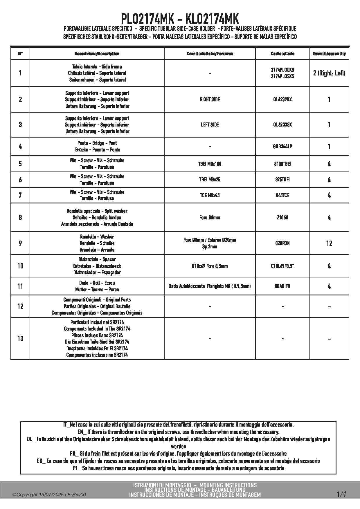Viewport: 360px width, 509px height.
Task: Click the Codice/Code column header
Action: (x=282, y=54)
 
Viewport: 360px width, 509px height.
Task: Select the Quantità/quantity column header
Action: (x=329, y=54)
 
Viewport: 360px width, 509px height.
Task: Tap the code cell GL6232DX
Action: (x=282, y=100)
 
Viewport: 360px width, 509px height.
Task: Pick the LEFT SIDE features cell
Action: (x=210, y=125)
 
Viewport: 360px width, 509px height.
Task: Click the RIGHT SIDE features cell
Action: (x=210, y=100)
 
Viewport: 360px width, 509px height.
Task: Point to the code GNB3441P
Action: (x=282, y=147)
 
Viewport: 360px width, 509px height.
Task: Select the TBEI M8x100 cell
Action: (x=210, y=164)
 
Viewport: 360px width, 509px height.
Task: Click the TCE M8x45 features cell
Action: (x=210, y=195)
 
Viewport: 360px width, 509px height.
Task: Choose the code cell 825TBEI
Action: (x=282, y=180)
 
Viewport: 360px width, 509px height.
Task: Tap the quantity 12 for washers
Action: (x=329, y=243)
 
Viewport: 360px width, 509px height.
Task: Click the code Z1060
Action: (x=282, y=217)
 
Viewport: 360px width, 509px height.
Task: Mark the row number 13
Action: (x=20, y=338)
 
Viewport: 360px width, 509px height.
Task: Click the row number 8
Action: (x=20, y=217)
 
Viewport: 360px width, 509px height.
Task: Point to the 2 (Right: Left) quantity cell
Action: (x=329, y=73)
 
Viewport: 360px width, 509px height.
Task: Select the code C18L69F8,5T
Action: (x=282, y=266)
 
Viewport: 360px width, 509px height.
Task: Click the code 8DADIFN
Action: (x=282, y=286)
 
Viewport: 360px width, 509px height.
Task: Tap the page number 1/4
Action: (x=341, y=494)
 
